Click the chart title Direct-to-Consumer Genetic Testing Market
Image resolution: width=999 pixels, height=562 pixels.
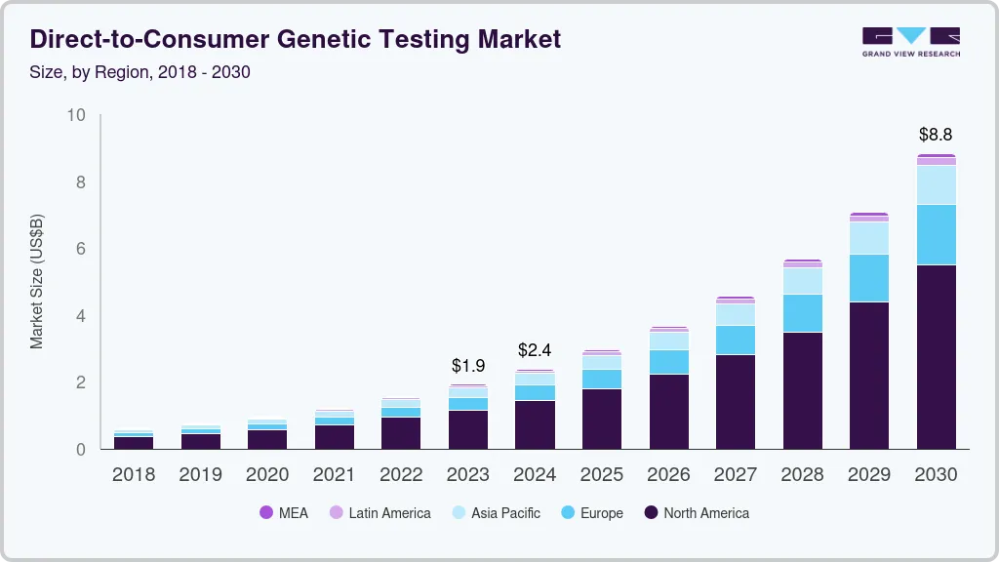pyautogui.click(x=296, y=40)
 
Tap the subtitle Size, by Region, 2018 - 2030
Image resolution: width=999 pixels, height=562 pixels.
pyautogui.click(x=140, y=72)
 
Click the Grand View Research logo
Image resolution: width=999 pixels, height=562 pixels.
pyautogui.click(x=910, y=42)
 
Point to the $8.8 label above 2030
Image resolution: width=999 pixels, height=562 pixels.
pyautogui.click(x=936, y=135)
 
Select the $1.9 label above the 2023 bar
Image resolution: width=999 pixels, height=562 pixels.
pyautogui.click(x=468, y=366)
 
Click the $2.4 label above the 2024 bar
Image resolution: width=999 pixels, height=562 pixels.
pyautogui.click(x=535, y=349)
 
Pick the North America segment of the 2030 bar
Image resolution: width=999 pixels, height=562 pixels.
pyautogui.click(x=936, y=356)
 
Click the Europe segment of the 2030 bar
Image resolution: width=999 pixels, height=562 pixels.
pyautogui.click(x=936, y=234)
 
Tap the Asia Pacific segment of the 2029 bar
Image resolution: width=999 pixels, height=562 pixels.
pyautogui.click(x=869, y=238)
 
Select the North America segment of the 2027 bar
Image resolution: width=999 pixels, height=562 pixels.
pyautogui.click(x=736, y=401)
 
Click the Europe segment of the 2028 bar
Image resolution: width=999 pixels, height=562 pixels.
pyautogui.click(x=802, y=313)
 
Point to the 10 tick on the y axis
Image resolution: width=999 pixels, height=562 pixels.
pyautogui.click(x=76, y=115)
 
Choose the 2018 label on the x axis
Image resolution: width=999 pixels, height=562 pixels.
pyautogui.click(x=134, y=475)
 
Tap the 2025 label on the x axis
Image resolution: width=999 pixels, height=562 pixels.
pyautogui.click(x=602, y=475)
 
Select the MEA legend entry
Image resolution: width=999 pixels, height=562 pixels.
pyautogui.click(x=284, y=513)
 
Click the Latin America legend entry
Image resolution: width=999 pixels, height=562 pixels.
pyautogui.click(x=380, y=513)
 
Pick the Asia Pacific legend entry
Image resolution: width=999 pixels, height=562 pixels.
pyautogui.click(x=495, y=513)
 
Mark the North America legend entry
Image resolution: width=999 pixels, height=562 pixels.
pyautogui.click(x=696, y=513)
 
